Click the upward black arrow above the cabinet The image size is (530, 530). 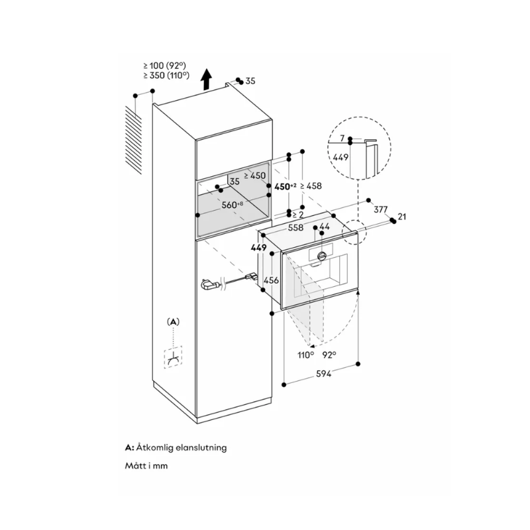tap(206, 80)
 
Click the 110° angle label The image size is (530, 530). tap(305, 355)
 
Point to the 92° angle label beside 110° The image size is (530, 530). tap(329, 355)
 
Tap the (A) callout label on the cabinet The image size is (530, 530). tap(173, 321)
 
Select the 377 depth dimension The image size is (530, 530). tap(381, 209)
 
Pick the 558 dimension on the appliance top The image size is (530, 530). tap(296, 227)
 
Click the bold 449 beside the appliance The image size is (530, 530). tap(258, 248)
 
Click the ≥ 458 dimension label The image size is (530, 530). tap(311, 186)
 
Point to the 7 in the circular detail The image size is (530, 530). tap(342, 138)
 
